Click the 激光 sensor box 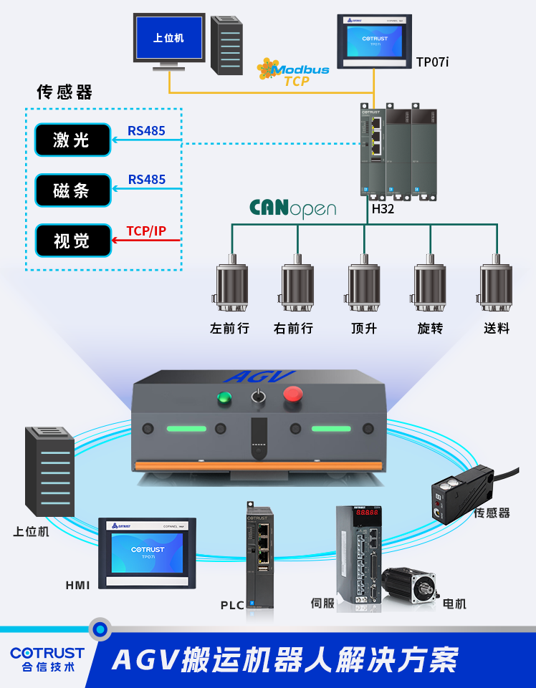[x=73, y=140]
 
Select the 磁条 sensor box [x=73, y=190]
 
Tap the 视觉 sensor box [x=73, y=241]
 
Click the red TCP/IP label [x=146, y=231]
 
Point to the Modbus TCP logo [x=294, y=73]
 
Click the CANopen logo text [x=292, y=208]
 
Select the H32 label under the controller [x=383, y=209]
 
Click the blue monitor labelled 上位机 [x=169, y=39]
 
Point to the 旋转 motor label [x=430, y=329]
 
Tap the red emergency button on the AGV [x=293, y=393]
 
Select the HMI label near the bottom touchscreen [x=78, y=585]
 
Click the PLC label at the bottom [x=232, y=605]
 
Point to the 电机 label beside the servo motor [x=455, y=604]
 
